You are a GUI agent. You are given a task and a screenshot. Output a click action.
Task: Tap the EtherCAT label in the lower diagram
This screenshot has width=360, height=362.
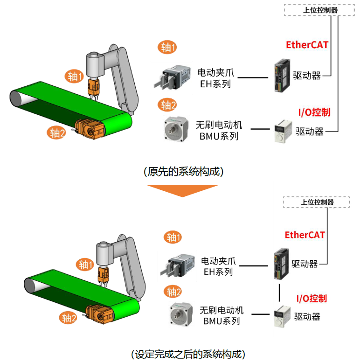pos(305,235)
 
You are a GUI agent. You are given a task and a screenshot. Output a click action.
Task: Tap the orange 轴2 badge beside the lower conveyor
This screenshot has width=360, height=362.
pos(68,319)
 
